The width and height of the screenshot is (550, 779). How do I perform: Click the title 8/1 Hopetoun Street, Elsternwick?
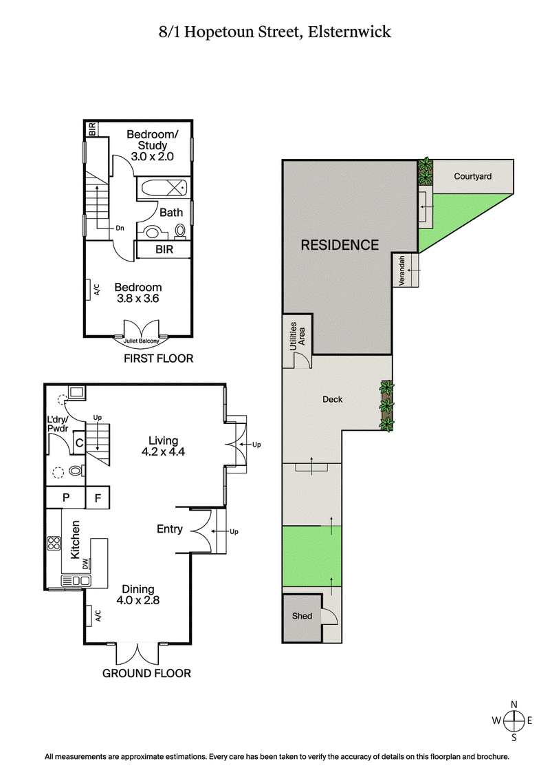tap(274, 32)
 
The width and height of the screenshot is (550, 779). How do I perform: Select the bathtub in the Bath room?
tap(162, 189)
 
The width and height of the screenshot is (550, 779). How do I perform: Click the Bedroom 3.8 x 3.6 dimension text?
tap(138, 293)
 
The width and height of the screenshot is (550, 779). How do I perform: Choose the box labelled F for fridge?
tap(98, 498)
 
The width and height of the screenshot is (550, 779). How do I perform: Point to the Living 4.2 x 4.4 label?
tap(163, 446)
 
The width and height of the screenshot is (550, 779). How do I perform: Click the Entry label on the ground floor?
tap(170, 529)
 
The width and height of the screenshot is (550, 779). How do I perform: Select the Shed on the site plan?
tap(302, 617)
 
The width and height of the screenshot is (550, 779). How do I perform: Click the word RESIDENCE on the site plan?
tap(340, 244)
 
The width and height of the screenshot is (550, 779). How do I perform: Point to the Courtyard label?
tap(472, 177)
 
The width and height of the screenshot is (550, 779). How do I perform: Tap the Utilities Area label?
tap(296, 335)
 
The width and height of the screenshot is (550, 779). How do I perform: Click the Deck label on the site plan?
tap(333, 399)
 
